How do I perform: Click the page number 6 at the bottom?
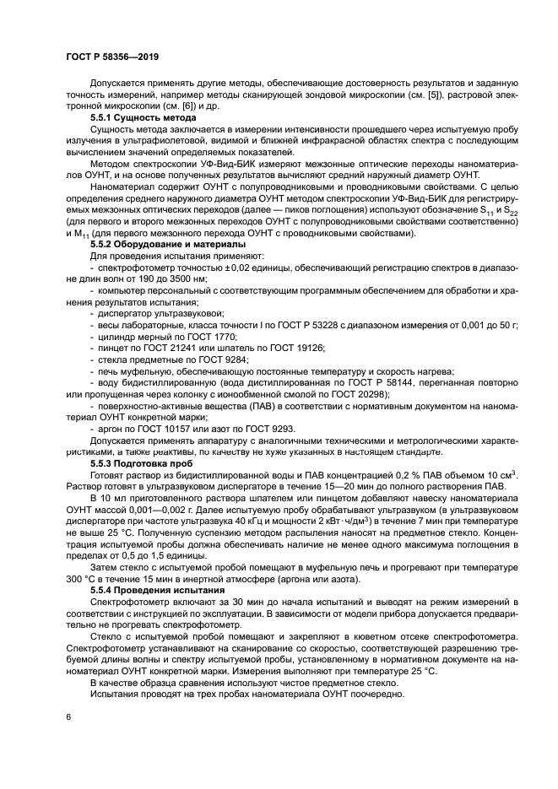click(68, 716)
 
